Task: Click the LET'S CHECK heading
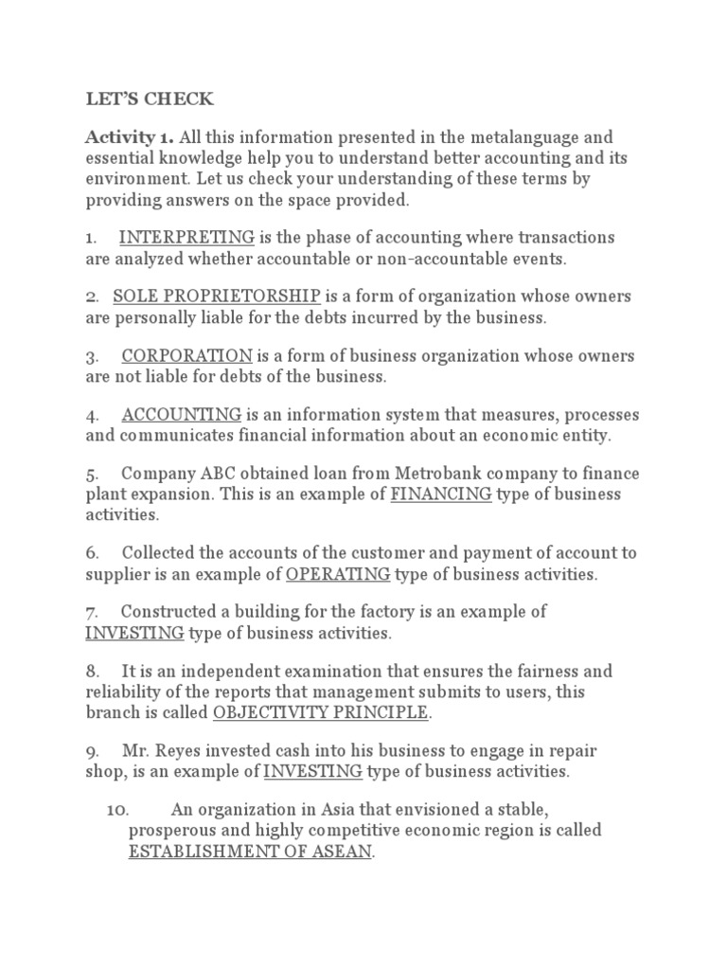136,99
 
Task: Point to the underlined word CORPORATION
186,356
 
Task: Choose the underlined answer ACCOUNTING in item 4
182,415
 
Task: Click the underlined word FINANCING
441,494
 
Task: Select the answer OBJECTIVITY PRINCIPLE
322,711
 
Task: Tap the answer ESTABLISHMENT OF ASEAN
251,851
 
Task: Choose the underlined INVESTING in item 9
312,771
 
